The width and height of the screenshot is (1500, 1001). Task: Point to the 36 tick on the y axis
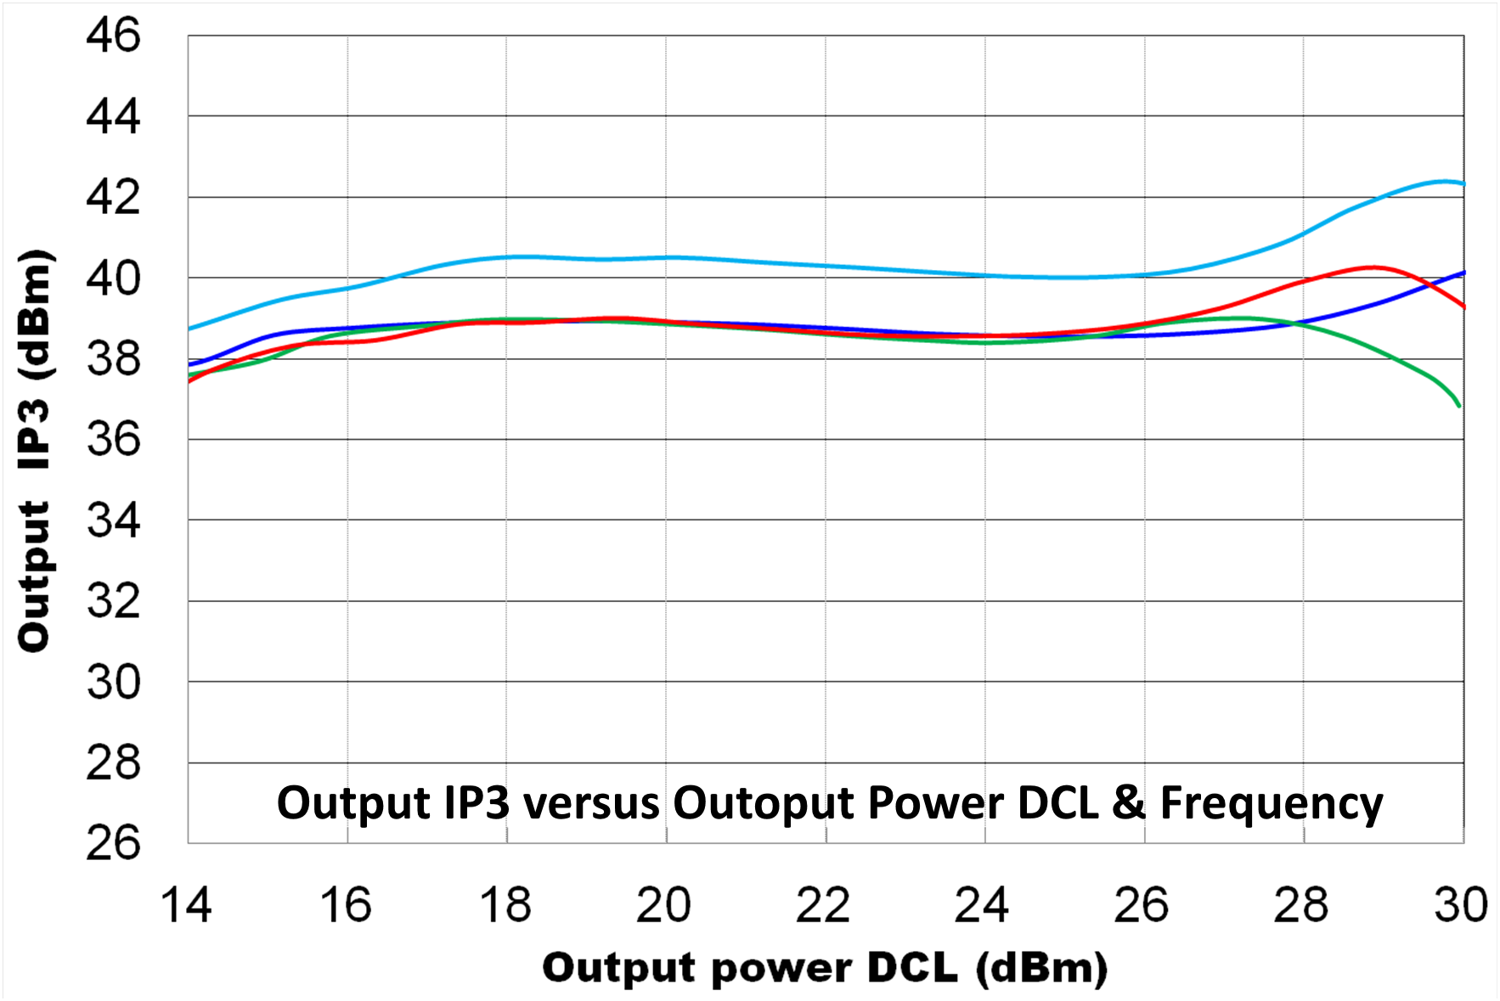(x=113, y=440)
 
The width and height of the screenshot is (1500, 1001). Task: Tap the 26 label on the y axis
(x=113, y=843)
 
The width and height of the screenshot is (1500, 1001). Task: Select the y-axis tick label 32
(x=113, y=601)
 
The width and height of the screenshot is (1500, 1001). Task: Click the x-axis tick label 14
(x=185, y=905)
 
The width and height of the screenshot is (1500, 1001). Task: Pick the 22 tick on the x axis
(x=822, y=905)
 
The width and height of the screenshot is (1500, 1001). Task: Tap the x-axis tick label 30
(x=1461, y=905)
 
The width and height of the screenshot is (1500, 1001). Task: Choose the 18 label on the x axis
(x=505, y=905)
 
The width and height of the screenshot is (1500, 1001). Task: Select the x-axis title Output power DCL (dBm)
(x=825, y=968)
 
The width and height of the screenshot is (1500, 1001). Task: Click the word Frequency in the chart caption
(x=1272, y=803)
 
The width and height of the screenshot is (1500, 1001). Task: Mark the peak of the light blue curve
(x=1444, y=181)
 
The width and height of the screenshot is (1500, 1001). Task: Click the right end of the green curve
(x=1459, y=406)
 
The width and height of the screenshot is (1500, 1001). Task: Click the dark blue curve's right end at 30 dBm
(x=1463, y=273)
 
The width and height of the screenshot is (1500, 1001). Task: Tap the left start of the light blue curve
(x=189, y=329)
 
